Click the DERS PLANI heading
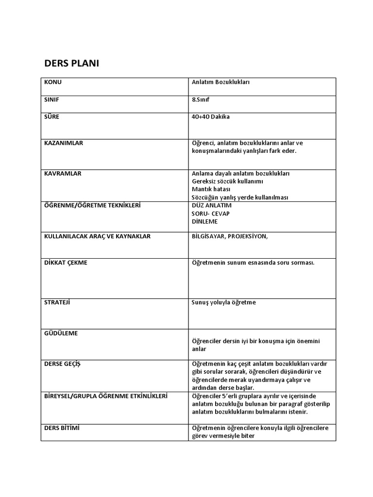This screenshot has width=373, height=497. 71,64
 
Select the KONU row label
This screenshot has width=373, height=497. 53,82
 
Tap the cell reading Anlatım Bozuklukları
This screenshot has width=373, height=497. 220,82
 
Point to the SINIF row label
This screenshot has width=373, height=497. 52,99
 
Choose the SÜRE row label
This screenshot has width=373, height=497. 52,117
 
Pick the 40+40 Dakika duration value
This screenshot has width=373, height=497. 211,117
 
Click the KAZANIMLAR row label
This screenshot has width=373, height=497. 64,143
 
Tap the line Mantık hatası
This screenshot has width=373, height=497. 211,189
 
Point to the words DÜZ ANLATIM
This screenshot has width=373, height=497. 212,205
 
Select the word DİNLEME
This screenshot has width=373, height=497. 205,221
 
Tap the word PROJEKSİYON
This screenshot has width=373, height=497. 250,236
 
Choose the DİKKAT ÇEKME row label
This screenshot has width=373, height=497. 66,263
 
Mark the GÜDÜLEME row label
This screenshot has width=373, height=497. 61,333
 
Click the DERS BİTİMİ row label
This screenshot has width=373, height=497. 62,428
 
